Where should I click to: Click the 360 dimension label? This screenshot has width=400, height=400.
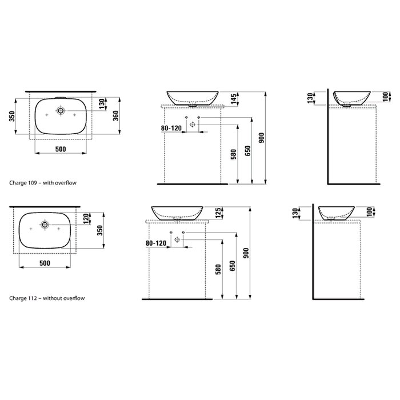(115, 116)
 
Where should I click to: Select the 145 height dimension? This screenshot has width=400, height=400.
(234, 99)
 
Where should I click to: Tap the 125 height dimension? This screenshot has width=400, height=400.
(218, 213)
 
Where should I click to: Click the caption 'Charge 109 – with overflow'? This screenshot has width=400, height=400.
(43, 183)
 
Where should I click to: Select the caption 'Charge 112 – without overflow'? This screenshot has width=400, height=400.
(47, 298)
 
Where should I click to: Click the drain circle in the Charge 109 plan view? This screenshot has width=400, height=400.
(61, 110)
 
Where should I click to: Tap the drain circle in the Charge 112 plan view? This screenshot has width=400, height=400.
(45, 225)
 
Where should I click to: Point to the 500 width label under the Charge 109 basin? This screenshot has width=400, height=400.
(61, 149)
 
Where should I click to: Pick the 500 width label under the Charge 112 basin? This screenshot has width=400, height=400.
(45, 263)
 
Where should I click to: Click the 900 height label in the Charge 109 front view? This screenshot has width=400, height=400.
(262, 138)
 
